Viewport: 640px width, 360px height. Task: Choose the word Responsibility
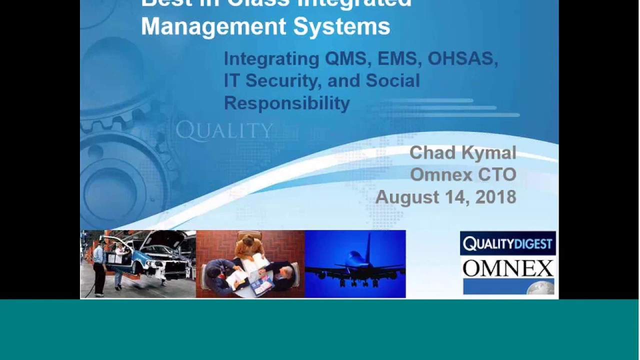click(x=286, y=103)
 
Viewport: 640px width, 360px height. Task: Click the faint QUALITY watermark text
click(x=224, y=131)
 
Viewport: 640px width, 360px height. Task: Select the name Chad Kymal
click(x=462, y=153)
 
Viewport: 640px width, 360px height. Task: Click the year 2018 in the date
click(x=495, y=197)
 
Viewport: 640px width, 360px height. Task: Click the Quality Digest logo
click(x=507, y=244)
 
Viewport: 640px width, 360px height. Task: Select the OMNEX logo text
click(x=507, y=268)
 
